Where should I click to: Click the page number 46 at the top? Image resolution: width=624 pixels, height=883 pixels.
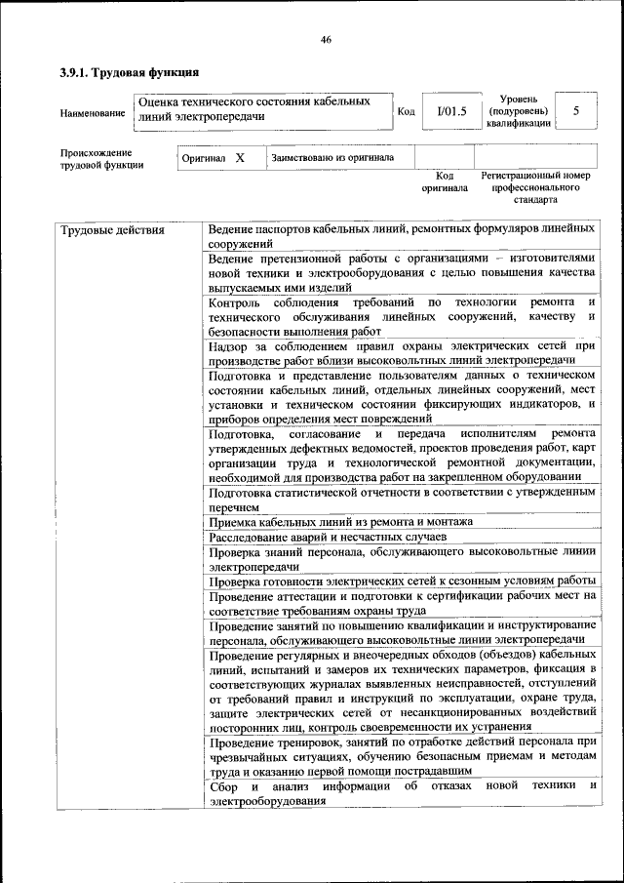326,39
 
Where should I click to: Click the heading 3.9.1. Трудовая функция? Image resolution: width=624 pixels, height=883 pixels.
129,72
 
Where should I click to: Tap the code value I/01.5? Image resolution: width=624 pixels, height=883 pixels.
452,111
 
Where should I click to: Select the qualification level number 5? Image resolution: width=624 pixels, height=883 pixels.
576,111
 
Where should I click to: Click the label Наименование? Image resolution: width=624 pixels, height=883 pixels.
93,113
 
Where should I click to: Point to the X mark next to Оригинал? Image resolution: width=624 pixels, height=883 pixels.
240,156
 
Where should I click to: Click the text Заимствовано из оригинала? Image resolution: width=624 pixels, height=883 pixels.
332,157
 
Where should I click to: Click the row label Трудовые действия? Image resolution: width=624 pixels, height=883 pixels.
112,230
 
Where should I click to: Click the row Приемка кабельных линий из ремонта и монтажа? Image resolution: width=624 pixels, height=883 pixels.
340,521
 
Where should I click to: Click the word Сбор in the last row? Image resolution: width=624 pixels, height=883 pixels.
223,785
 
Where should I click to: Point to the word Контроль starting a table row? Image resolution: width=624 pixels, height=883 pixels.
235,302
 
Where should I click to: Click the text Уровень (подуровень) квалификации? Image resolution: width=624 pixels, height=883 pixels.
520,111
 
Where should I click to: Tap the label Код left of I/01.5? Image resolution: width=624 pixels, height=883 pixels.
407,111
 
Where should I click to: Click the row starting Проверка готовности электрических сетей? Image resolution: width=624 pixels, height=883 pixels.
402,580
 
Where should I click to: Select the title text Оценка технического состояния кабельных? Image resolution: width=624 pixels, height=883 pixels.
255,101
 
